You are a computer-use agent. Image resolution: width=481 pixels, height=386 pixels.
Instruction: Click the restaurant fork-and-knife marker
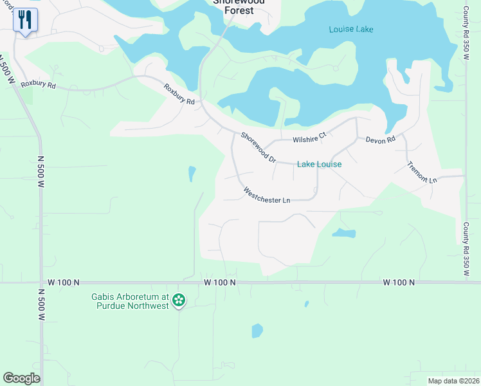coord(24,19)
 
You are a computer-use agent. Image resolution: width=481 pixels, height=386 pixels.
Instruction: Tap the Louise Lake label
coord(350,30)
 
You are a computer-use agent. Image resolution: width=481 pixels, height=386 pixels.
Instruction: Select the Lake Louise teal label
coord(319,165)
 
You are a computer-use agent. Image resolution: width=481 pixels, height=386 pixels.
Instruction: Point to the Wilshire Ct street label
coord(310,138)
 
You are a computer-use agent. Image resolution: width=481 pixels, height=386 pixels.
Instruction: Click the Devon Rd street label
coord(380,140)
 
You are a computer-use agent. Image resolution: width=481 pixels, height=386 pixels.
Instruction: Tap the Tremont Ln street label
coord(422,172)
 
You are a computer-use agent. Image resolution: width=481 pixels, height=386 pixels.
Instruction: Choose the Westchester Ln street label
coord(267,196)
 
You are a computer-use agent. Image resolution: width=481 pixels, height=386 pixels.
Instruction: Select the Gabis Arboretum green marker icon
coord(179,300)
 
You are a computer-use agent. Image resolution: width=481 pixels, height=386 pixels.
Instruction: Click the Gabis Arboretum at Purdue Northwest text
coord(129,300)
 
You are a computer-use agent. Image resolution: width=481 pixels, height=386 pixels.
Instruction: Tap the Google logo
coord(21,378)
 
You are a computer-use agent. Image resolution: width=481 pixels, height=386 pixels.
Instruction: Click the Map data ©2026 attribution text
coord(453,381)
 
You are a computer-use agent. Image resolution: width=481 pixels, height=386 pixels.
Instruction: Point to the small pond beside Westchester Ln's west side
coord(192,173)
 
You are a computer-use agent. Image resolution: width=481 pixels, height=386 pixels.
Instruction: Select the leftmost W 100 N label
coord(63,282)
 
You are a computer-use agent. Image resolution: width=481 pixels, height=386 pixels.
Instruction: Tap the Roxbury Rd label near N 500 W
coord(38,84)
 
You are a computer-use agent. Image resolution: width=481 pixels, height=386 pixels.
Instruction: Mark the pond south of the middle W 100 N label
coord(257,331)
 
